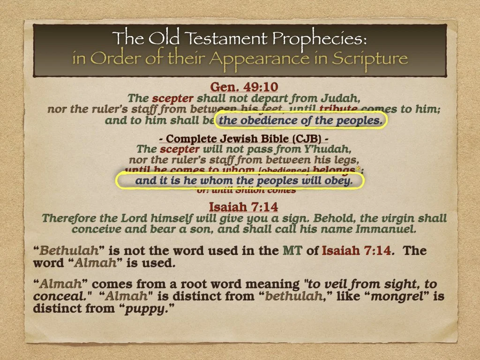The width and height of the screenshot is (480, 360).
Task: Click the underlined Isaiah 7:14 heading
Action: pyautogui.click(x=240, y=207)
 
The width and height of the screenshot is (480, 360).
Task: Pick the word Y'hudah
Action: pyautogui.click(x=326, y=150)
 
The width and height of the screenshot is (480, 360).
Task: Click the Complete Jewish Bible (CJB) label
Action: pyautogui.click(x=240, y=139)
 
